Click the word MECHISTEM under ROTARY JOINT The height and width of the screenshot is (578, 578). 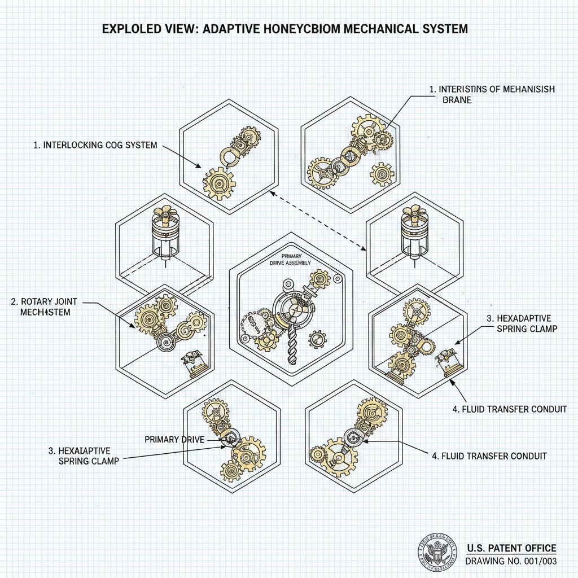[x=45, y=312]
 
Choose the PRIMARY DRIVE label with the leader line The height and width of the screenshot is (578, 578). [x=174, y=439]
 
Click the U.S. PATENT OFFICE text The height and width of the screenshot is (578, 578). [x=511, y=548]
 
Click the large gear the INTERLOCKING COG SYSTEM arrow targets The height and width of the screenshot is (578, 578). [x=219, y=182]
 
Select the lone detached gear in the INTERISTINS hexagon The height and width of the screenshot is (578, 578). [x=382, y=174]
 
